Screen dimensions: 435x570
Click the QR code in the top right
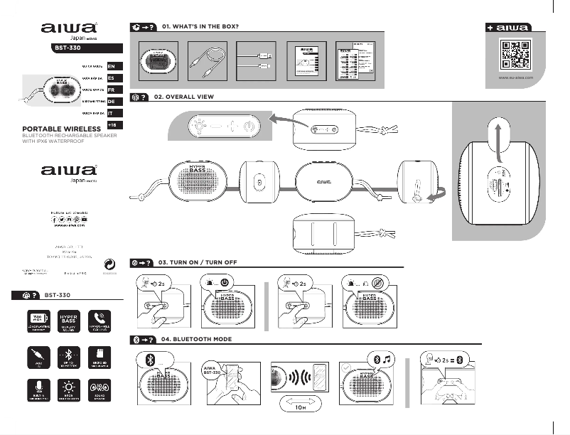coord(516,54)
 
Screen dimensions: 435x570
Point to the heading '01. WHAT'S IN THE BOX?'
coord(200,26)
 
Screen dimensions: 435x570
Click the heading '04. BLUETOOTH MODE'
coord(196,340)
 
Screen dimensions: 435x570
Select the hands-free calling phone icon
coord(97,318)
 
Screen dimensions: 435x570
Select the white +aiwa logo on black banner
coord(507,28)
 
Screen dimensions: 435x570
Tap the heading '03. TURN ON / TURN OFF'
coord(198,262)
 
